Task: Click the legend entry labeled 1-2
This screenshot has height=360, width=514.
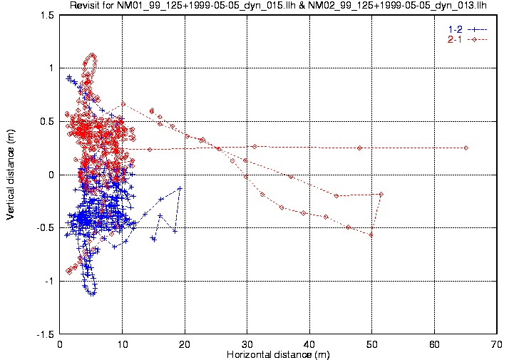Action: (x=453, y=29)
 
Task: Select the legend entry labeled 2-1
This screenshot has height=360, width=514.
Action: (x=453, y=38)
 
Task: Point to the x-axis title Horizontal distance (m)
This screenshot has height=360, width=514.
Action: (x=279, y=354)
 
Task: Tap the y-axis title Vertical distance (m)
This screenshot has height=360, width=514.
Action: (x=10, y=174)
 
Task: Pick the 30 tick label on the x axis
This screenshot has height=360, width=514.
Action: (x=247, y=344)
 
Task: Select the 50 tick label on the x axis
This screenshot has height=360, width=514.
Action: (x=372, y=344)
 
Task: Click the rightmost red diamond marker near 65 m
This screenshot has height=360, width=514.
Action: (x=466, y=148)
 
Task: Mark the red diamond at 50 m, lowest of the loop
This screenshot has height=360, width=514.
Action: (x=371, y=235)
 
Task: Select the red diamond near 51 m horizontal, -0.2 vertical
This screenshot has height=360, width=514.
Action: (x=381, y=194)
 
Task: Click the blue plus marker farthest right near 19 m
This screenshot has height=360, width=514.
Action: (x=180, y=188)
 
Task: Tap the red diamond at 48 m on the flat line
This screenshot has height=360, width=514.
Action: (x=359, y=148)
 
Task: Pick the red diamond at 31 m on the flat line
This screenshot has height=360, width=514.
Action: (x=254, y=146)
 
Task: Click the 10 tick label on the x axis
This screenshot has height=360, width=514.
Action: (x=123, y=344)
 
